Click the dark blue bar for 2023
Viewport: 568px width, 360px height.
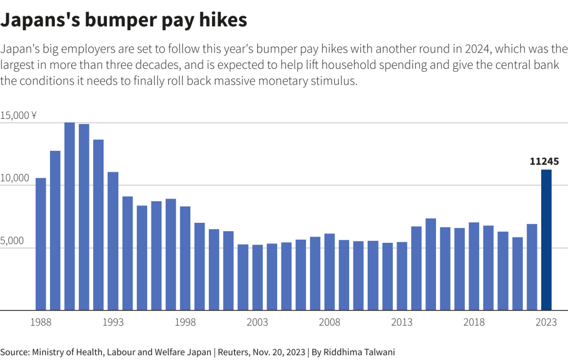pos(546,240)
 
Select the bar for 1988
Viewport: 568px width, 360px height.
pos(40,244)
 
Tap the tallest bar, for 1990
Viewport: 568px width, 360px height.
pos(69,216)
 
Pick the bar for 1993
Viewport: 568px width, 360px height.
pos(113,241)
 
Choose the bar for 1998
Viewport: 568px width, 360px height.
pos(185,258)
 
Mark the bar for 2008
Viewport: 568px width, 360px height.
pos(330,272)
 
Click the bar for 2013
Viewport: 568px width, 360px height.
pos(402,276)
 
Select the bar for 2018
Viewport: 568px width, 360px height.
pos(474,266)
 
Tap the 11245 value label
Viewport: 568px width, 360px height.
pos(544,161)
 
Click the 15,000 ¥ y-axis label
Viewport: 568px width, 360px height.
pos(18,116)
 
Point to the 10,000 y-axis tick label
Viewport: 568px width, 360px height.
pos(15,179)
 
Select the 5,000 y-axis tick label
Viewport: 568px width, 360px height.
pos(13,241)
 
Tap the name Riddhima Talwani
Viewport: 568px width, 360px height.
pos(360,352)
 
